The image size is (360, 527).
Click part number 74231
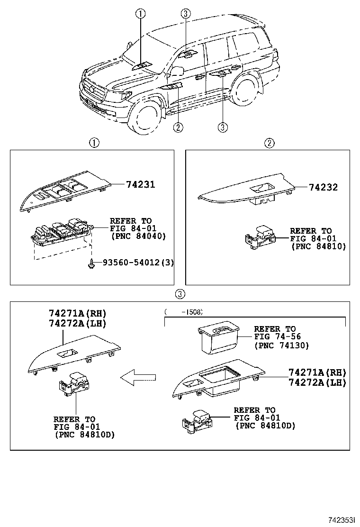[140, 184]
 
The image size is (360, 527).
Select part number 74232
[323, 187]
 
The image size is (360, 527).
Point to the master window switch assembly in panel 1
[62, 232]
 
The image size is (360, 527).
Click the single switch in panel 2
[260, 237]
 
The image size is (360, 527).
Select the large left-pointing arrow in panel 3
[138, 377]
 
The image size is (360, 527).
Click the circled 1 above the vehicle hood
[140, 13]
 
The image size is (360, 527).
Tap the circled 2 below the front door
[178, 127]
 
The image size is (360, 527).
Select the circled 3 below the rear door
[223, 127]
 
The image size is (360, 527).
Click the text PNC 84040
[138, 236]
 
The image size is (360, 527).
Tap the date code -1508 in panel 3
[191, 312]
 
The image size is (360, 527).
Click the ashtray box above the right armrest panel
[219, 339]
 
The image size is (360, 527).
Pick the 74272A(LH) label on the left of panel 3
[78, 323]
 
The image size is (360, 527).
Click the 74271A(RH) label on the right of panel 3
[317, 373]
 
